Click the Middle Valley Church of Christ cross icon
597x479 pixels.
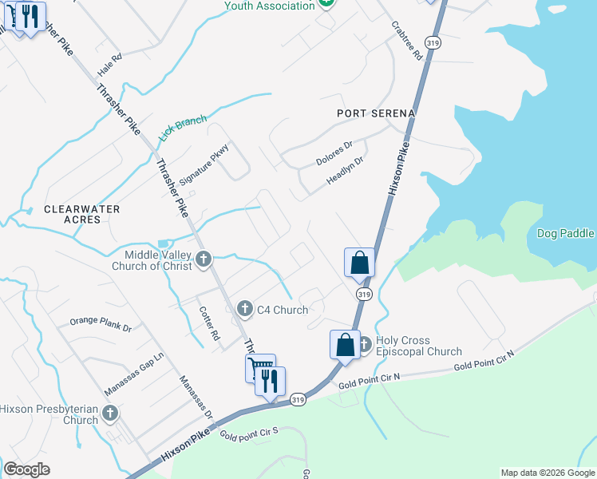pyautogui.click(x=204, y=258)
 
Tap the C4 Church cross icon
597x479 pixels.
pyautogui.click(x=245, y=308)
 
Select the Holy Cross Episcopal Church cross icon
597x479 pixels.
pyautogui.click(x=365, y=344)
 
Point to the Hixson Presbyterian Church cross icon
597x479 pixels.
pyautogui.click(x=109, y=413)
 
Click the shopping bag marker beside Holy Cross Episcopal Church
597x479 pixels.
pyautogui.click(x=345, y=346)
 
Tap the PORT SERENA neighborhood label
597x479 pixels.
pyautogui.click(x=376, y=113)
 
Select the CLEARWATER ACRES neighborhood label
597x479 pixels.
pyautogui.click(x=81, y=214)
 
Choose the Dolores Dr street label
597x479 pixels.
pyautogui.click(x=334, y=153)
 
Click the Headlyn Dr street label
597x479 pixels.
pyautogui.click(x=345, y=171)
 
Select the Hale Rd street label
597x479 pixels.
pyautogui.click(x=109, y=65)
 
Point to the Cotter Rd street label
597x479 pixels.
pyautogui.click(x=209, y=324)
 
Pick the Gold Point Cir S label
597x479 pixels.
pyautogui.click(x=248, y=435)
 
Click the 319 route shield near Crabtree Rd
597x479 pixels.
pyautogui.click(x=433, y=45)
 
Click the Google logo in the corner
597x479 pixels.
pyautogui.click(x=26, y=469)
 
